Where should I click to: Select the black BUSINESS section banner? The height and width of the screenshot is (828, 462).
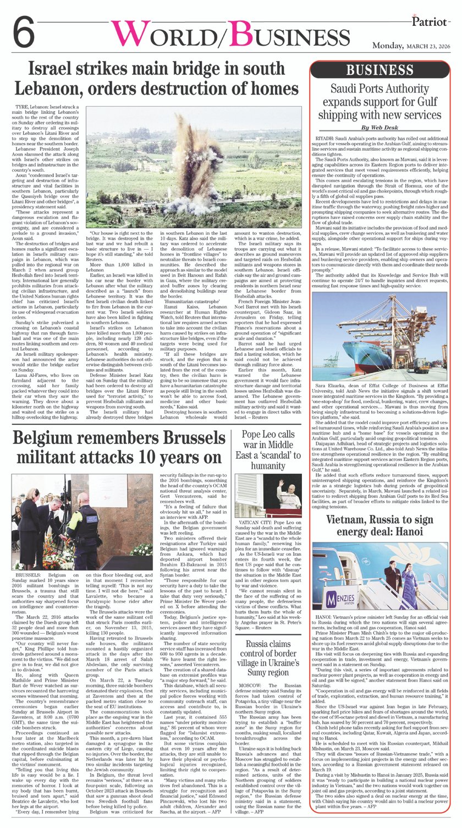pyautogui.click(x=380, y=70)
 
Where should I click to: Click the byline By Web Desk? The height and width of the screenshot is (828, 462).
pyautogui.click(x=380, y=127)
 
